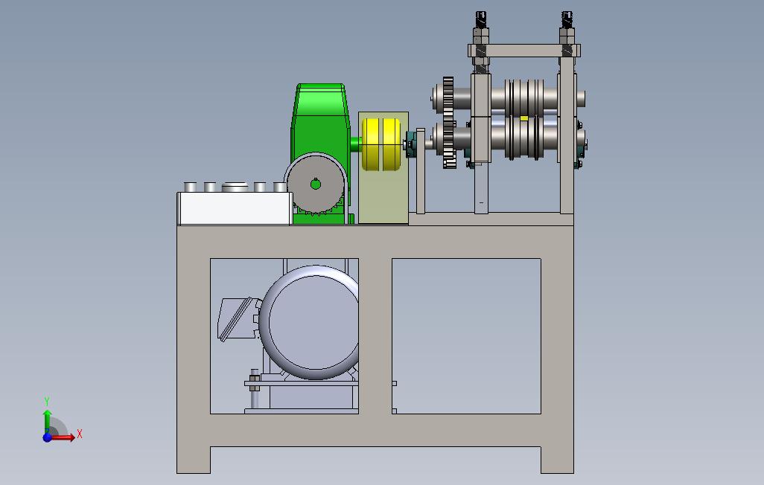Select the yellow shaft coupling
pyautogui.click(x=381, y=144)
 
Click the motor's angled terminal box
pyautogui.click(x=238, y=318)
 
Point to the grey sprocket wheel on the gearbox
pyautogui.click(x=316, y=184)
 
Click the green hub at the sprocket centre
pyautogui.click(x=316, y=184)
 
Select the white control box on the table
pyautogui.click(x=235, y=208)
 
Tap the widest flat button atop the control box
pyautogui.click(x=235, y=187)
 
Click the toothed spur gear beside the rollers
pyautogui.click(x=449, y=123)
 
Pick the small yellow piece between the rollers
pyautogui.click(x=523, y=118)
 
